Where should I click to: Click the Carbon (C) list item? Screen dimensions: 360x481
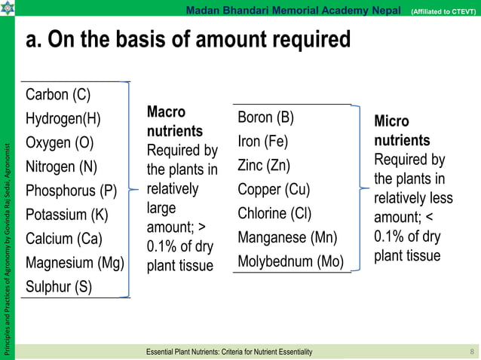click(x=58, y=95)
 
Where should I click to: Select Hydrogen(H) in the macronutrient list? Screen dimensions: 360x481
click(x=63, y=119)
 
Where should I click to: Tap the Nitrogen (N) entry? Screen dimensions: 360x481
click(x=62, y=166)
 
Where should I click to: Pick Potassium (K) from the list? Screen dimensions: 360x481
click(x=66, y=215)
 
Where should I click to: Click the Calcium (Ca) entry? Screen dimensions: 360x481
click(x=64, y=239)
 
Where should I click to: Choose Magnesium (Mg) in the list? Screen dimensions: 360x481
click(x=74, y=263)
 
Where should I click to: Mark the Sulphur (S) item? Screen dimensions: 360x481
click(x=59, y=287)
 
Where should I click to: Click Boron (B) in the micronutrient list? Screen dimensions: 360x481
click(x=265, y=117)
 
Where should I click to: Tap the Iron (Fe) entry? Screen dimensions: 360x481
click(x=262, y=142)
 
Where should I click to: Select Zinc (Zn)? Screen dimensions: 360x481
click(x=263, y=165)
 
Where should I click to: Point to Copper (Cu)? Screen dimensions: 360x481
click(x=274, y=189)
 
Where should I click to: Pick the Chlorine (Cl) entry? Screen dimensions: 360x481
click(x=274, y=213)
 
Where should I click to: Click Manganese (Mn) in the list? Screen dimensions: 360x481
click(x=287, y=237)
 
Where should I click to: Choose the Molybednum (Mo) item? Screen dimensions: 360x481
click(x=290, y=261)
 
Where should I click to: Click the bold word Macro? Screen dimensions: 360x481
click(x=165, y=111)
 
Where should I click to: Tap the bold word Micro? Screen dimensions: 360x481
click(x=391, y=121)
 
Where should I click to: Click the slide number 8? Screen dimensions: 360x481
click(x=471, y=352)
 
